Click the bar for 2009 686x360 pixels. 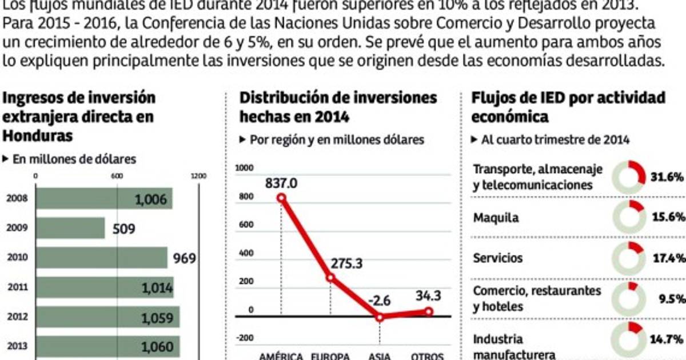click(70, 228)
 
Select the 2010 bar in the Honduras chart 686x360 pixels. click(102, 258)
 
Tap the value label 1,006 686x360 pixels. click(151, 199)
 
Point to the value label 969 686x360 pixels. click(185, 258)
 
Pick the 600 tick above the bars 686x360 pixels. click(117, 176)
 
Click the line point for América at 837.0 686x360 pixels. click(281, 198)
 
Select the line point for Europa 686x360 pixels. click(330, 278)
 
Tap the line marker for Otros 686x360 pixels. click(429, 311)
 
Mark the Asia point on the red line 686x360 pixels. click(380, 317)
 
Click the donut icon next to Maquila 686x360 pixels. click(628, 218)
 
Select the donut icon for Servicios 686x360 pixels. click(628, 258)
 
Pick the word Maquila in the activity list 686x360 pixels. click(496, 218)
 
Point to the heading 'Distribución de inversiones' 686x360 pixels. click(338, 98)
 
